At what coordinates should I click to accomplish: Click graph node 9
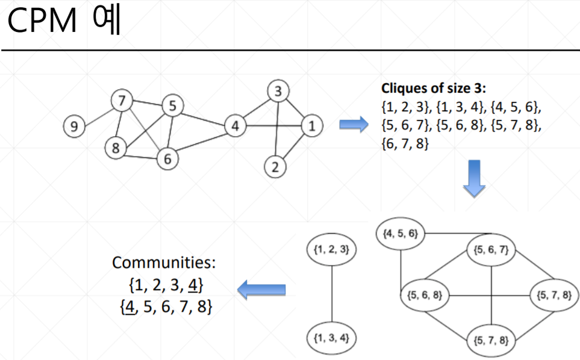coord(74,126)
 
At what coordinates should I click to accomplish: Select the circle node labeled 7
coord(123,101)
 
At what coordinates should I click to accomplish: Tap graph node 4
coord(235,126)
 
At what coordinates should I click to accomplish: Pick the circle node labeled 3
coord(278,92)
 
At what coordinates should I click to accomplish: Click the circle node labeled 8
coord(115,147)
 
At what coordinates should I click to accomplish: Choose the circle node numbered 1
coord(311,126)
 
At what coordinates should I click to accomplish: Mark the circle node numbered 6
coord(167,158)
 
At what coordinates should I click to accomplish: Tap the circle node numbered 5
coord(172,106)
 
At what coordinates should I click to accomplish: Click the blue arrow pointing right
coord(353,125)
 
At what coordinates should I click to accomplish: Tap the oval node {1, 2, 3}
coord(332,249)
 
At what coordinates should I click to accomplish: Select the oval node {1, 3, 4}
coord(332,337)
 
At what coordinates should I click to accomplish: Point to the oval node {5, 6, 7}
coord(491,249)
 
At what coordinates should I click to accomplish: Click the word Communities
coord(164,263)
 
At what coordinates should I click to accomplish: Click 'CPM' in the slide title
coord(43,22)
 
